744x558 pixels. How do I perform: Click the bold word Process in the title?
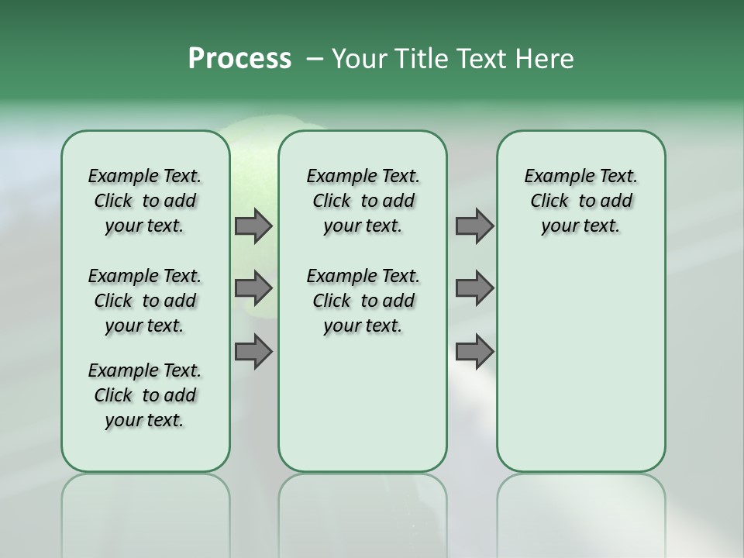239,58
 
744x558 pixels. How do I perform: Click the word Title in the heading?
414,58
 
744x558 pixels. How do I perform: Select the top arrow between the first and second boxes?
253,226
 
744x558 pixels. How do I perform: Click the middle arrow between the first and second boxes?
253,288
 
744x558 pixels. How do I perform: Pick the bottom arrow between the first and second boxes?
253,352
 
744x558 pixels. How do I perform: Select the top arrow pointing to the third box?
474,226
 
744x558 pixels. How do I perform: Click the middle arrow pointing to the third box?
474,288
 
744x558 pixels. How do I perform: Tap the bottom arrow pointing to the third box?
474,352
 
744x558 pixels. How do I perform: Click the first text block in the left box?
145,201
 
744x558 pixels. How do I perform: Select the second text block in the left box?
145,301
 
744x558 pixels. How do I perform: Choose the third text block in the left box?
145,395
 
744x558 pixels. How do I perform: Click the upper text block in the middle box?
363,201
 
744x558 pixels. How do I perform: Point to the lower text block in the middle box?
363,301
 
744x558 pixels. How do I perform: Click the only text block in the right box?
580,201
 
